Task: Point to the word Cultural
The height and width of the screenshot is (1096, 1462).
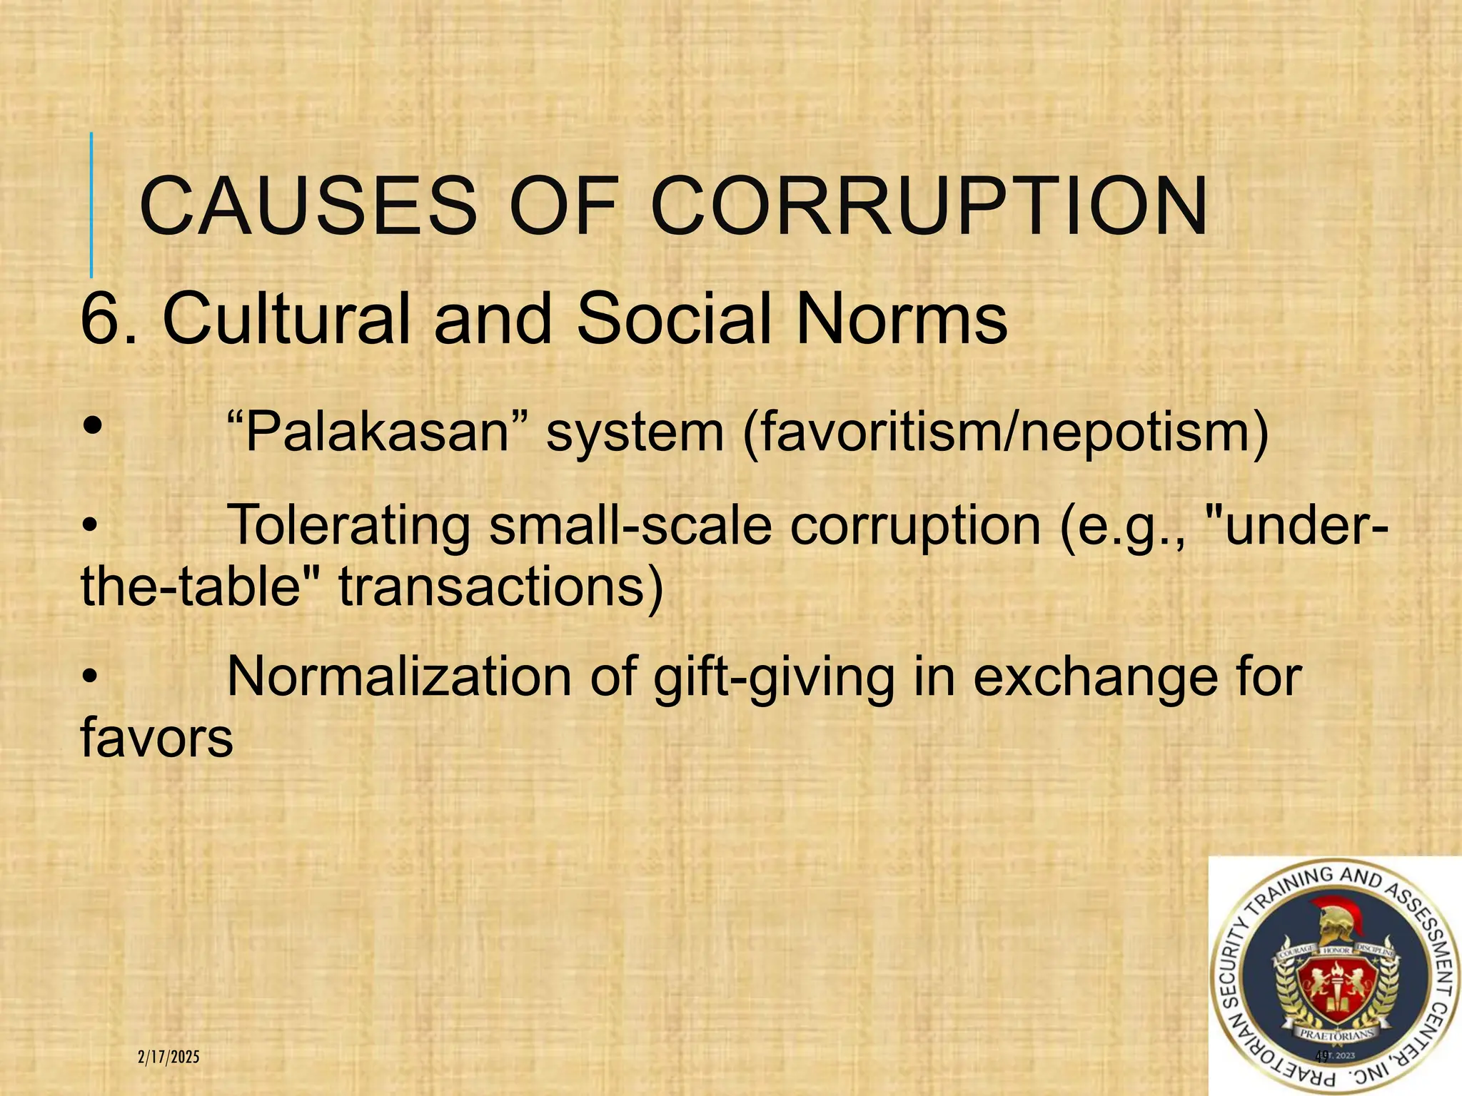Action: click(x=286, y=319)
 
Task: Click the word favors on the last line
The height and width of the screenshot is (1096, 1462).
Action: click(x=157, y=738)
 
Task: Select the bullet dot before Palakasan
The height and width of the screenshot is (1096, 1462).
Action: click(x=92, y=427)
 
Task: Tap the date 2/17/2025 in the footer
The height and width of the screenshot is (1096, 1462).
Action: click(x=168, y=1057)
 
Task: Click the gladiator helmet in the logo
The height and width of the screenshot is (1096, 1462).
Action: click(x=1333, y=928)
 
